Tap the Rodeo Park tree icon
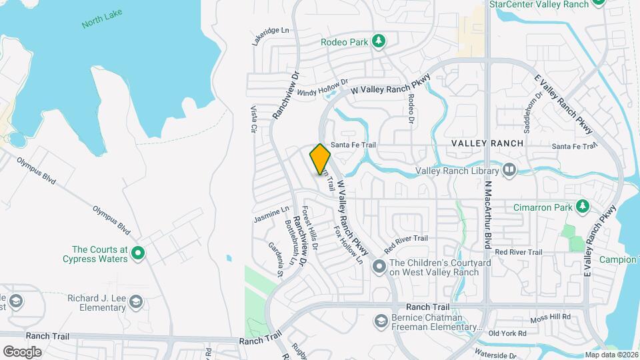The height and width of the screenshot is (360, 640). (379, 42)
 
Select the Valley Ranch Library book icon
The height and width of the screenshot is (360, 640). (510, 171)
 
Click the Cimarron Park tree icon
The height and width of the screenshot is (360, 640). (583, 207)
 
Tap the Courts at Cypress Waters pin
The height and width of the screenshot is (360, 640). (138, 253)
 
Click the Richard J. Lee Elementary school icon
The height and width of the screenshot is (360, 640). (137, 303)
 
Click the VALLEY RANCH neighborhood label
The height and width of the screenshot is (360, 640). (487, 143)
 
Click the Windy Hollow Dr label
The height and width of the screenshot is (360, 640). (323, 87)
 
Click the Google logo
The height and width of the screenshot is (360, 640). (22, 351)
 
